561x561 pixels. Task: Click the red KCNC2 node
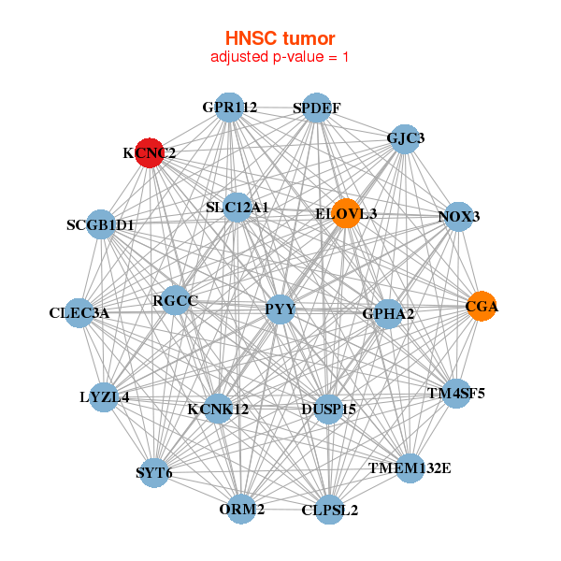tap(150, 152)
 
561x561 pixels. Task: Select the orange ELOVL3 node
tap(346, 214)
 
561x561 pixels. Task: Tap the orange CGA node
tap(482, 307)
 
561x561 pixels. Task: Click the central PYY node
tap(280, 309)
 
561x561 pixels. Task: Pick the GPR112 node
tap(230, 108)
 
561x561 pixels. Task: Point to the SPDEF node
tap(316, 108)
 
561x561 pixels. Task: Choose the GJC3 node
tap(405, 138)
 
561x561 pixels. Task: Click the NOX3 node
tap(458, 217)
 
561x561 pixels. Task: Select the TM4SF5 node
tap(455, 393)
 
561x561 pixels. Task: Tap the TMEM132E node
tap(410, 467)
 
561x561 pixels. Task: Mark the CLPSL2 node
tap(329, 510)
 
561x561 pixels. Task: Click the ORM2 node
tap(242, 510)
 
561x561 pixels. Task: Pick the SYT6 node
tap(154, 472)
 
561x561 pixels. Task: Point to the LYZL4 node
tap(105, 396)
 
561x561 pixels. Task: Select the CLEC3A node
tap(79, 313)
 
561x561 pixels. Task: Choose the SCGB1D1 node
tap(101, 225)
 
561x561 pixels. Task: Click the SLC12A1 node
tap(237, 207)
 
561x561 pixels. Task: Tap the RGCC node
tap(175, 301)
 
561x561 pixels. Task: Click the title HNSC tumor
tap(280, 38)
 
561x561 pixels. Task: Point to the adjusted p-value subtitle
tap(280, 57)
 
